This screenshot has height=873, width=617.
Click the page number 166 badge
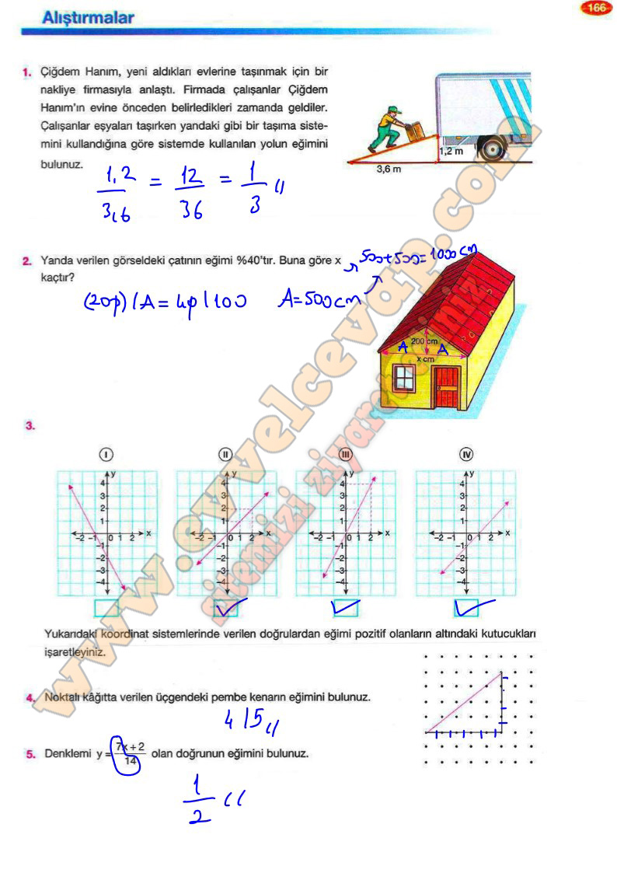tap(597, 9)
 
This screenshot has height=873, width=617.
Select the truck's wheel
tap(491, 148)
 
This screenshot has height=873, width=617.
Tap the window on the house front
tap(404, 379)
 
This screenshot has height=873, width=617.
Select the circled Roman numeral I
tap(105, 455)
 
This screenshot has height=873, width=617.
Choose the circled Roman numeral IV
tap(468, 455)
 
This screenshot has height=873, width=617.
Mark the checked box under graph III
tap(344, 607)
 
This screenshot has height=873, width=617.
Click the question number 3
tap(29, 425)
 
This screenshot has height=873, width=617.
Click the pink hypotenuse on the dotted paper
tap(463, 703)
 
